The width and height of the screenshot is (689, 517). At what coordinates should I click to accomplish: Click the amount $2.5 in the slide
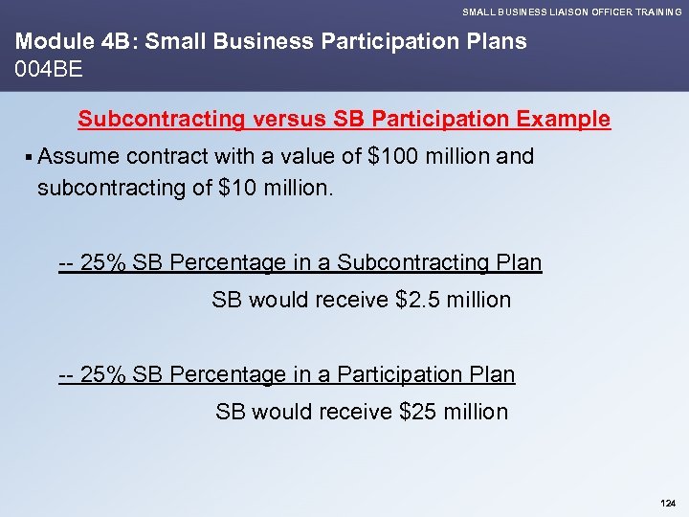click(x=419, y=300)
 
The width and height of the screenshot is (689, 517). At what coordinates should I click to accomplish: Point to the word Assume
click(x=80, y=156)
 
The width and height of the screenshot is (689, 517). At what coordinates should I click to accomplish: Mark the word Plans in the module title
click(x=496, y=42)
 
